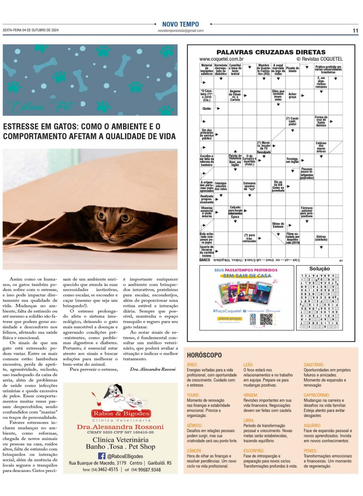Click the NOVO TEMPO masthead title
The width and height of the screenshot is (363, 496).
click(180, 24)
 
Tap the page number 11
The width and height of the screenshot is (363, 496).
click(355, 31)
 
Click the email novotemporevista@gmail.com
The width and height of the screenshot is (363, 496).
click(180, 31)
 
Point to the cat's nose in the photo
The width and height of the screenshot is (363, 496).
click(109, 237)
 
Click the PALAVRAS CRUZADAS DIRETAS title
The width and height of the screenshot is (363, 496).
click(271, 52)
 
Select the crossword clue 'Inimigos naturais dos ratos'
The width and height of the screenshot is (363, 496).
click(221, 186)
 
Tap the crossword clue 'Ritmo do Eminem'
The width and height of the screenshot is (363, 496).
click(278, 225)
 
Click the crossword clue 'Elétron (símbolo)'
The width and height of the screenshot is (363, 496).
click(321, 238)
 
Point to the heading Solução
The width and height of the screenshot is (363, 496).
click(319, 268)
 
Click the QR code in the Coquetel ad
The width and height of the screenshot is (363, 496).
click(266, 319)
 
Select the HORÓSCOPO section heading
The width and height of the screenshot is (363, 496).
click(204, 355)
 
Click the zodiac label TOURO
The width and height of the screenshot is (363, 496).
click(193, 395)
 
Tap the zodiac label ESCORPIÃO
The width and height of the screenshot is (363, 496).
click(254, 451)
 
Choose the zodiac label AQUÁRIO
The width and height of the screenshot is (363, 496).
click(312, 425)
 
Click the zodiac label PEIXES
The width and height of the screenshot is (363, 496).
click(311, 451)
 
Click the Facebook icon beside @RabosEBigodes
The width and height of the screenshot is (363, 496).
click(102, 456)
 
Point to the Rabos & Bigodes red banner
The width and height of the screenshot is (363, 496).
click(121, 414)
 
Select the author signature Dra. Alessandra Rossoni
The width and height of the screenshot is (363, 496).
click(153, 369)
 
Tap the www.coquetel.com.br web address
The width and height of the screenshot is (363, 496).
click(221, 59)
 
